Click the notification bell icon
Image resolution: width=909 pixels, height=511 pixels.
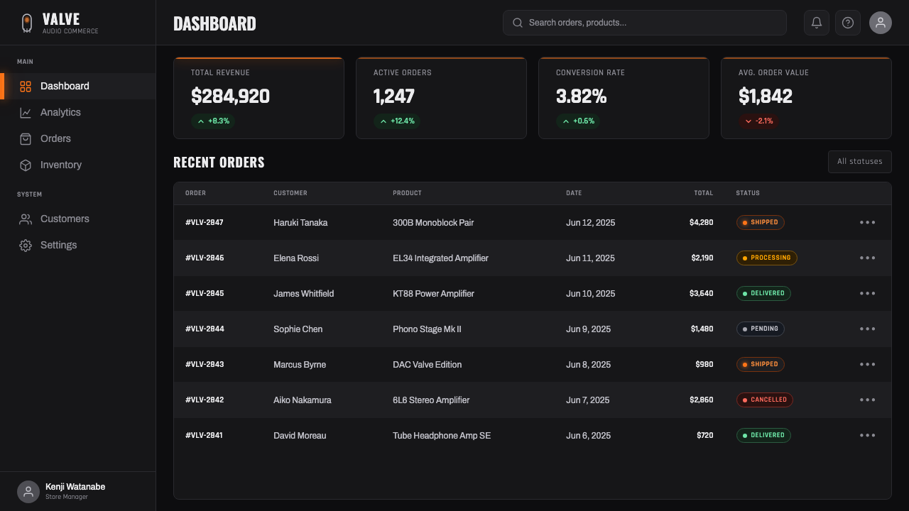[x=817, y=23]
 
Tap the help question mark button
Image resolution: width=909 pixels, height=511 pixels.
[x=848, y=23]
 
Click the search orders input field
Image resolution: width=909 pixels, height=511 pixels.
[x=644, y=23]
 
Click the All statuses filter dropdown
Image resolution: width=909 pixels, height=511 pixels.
[x=859, y=162]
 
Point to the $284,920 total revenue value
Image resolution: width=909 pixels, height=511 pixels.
[x=230, y=97]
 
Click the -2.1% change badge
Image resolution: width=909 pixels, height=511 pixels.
[x=758, y=121]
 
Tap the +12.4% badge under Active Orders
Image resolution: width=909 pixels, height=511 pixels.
[x=396, y=121]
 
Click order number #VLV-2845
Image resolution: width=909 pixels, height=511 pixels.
[x=205, y=293]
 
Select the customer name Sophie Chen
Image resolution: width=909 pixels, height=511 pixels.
[x=298, y=329]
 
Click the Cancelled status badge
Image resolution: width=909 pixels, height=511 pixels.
[x=765, y=400]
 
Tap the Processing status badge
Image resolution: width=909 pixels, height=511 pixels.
[x=766, y=258]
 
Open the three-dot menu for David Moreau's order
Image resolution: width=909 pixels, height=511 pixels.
[x=867, y=435]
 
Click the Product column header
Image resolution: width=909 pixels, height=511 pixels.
[x=407, y=193]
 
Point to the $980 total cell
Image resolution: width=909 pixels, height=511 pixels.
[x=704, y=364]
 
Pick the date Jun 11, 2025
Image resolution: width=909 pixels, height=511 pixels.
[x=590, y=258]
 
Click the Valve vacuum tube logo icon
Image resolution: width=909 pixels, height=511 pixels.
[x=27, y=23]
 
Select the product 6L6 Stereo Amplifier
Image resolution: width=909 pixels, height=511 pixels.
[x=431, y=400]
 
